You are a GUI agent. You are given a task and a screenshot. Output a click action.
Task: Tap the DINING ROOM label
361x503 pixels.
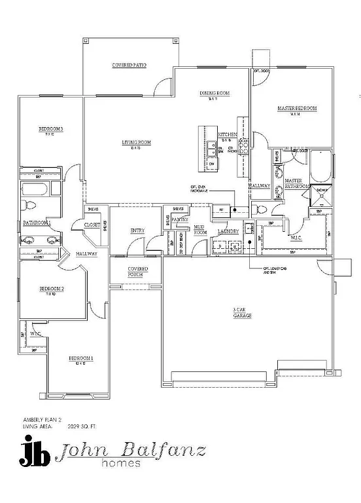coord(215,94)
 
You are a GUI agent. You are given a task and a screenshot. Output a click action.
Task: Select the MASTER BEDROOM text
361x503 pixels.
coord(297,108)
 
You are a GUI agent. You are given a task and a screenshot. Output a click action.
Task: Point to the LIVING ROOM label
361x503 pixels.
coord(136,142)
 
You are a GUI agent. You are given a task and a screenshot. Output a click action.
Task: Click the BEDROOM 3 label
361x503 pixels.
coord(50,129)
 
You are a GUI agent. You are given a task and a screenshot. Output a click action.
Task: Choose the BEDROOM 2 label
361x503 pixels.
coord(51,288)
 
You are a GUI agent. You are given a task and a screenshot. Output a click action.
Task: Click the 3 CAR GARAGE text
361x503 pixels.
coord(242,312)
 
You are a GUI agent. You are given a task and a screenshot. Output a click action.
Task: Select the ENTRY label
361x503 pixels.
coord(137,231)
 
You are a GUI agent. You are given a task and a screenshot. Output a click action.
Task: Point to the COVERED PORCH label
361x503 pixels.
coord(137,272)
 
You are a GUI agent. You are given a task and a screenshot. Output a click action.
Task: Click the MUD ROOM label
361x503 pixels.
coord(199,229)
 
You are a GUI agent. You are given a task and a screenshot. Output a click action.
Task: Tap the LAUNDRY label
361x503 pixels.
coord(228,231)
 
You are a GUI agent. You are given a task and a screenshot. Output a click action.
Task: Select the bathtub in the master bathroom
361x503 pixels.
coord(320,166)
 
